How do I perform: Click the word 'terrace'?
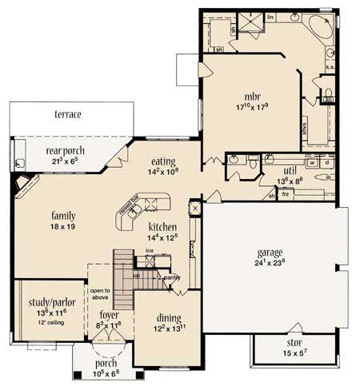(67, 115)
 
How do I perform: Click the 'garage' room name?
(269, 251)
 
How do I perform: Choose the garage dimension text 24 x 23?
(269, 261)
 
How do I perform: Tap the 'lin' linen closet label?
(270, 17)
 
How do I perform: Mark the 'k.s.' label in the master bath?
(330, 68)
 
